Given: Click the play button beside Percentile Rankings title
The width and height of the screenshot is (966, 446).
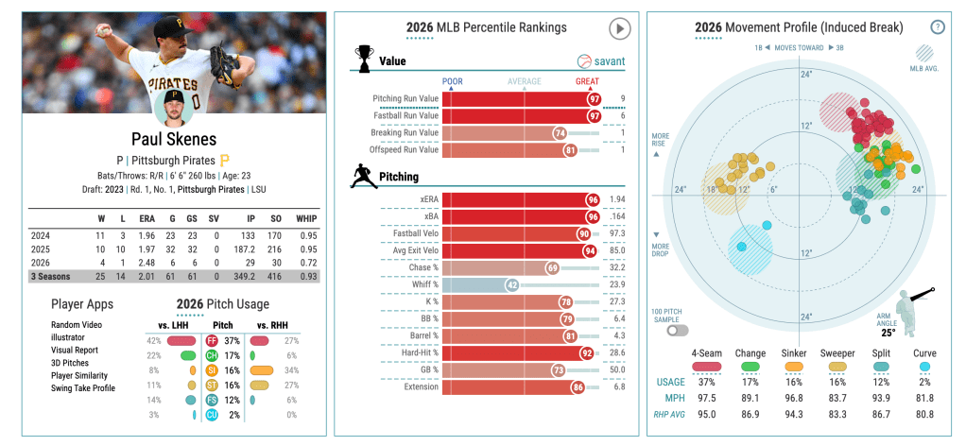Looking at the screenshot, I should coord(619,29).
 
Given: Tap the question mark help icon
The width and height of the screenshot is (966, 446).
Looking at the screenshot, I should coord(937,27).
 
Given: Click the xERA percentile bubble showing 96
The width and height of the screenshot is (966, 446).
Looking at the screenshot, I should coord(593,199).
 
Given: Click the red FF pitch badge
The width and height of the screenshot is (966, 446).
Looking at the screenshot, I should coord(211,340).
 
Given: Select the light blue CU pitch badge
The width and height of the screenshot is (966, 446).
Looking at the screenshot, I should coord(211,414).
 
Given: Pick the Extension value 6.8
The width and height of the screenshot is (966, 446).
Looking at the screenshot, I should coord(618,386).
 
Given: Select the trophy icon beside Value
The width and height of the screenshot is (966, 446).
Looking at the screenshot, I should coord(363,58).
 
